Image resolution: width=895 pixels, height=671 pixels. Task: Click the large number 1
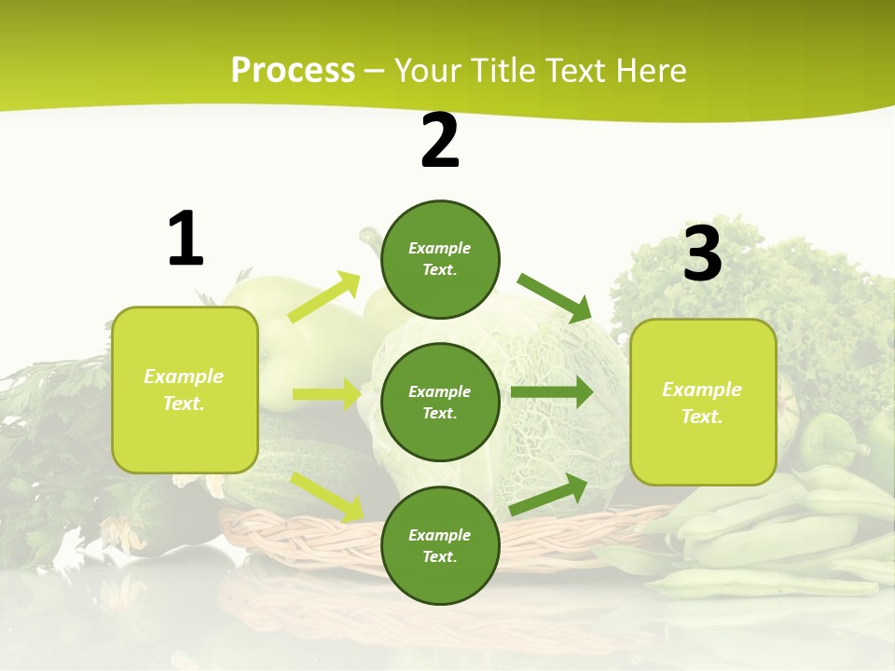click(186, 240)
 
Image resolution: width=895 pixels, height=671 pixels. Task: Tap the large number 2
click(440, 142)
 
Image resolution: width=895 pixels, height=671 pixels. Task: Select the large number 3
click(702, 253)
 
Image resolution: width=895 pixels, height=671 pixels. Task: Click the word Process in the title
click(293, 70)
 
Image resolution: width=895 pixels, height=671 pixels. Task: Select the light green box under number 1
click(185, 390)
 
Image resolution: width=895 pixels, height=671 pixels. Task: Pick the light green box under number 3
click(703, 403)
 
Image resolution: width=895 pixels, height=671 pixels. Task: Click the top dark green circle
click(440, 260)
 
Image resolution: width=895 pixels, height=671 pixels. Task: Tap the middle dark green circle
click(440, 402)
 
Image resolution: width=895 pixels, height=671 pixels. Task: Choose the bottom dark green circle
click(440, 545)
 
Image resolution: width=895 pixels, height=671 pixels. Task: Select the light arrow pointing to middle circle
click(326, 394)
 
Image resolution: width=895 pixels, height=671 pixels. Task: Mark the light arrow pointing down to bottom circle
click(327, 496)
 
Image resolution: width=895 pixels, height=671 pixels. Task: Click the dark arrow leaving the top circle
click(555, 297)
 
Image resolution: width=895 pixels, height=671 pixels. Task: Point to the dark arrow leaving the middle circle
click(551, 392)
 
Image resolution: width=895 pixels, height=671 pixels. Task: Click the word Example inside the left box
click(184, 377)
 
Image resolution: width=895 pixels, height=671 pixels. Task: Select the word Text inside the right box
click(701, 417)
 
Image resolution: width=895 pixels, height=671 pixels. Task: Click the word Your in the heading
click(425, 70)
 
